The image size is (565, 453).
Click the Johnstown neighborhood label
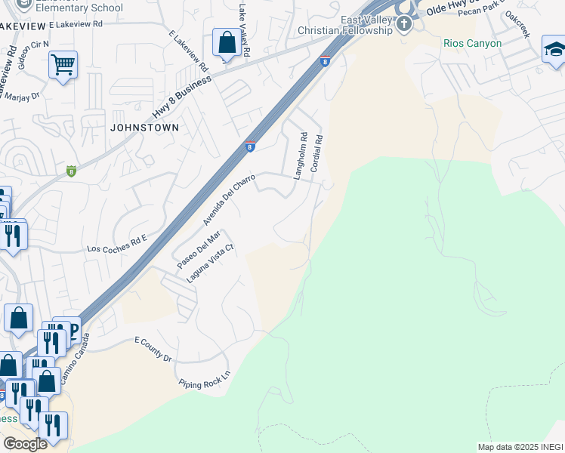coord(144,128)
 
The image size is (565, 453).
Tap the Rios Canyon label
coord(473,43)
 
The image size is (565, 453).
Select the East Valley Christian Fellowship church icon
coord(404,23)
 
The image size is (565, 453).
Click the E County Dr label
coord(153,350)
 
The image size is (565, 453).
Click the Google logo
coord(25,444)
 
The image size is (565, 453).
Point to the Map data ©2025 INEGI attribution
coord(520,447)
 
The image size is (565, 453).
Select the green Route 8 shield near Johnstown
coord(72,170)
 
